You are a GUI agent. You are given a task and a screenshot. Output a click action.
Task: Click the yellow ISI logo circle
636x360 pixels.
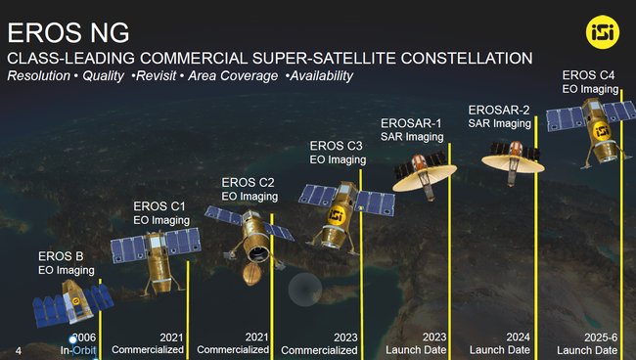pyautogui.click(x=600, y=31)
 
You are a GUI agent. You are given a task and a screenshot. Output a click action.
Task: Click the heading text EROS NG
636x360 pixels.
pyautogui.click(x=61, y=29)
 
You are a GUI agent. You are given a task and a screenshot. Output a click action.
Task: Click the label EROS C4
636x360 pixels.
pyautogui.click(x=588, y=74)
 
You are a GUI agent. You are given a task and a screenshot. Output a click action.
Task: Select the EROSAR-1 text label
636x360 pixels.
pyautogui.click(x=411, y=123)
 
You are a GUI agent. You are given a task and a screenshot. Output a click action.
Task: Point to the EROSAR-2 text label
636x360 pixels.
pyautogui.click(x=499, y=110)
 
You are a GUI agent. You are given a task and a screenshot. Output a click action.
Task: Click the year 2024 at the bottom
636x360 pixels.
pyautogui.click(x=518, y=337)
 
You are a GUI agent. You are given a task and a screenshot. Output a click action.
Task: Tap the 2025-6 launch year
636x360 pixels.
pyautogui.click(x=600, y=337)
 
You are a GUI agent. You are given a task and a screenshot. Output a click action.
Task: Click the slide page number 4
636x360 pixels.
pyautogui.click(x=19, y=349)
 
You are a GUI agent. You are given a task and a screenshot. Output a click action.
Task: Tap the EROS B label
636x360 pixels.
pyautogui.click(x=61, y=256)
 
